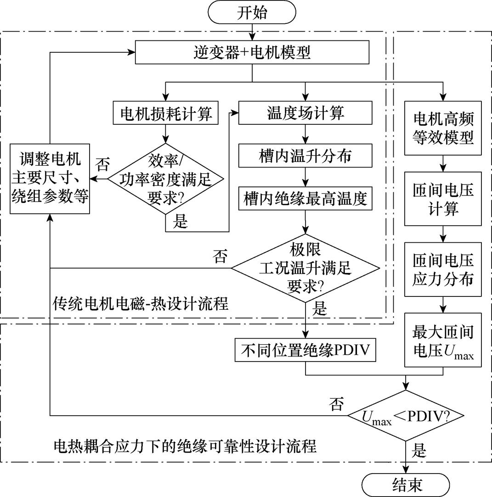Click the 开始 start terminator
tap(252, 12)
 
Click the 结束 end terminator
tap(406, 485)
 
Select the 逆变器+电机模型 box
tap(252, 53)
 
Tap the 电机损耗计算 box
tap(165, 113)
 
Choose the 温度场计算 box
tap(305, 113)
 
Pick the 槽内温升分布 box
tap(305, 156)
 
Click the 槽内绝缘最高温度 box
tap(305, 200)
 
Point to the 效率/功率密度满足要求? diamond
tap(165, 179)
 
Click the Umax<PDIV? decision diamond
tap(406, 416)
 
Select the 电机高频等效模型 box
tap(443, 128)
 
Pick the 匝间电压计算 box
tap(443, 199)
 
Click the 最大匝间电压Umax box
tap(443, 340)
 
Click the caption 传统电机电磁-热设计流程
tap(141, 303)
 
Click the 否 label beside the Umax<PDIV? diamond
tap(336, 403)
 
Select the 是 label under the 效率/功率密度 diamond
tap(181, 222)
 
